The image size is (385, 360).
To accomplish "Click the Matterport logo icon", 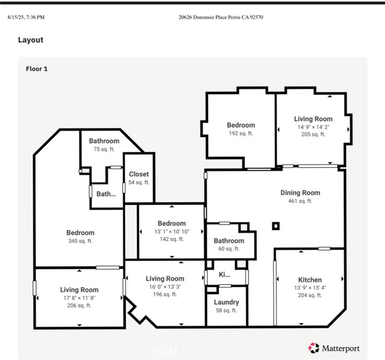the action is pos(313,348).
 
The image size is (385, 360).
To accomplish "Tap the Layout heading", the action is pos(31,40).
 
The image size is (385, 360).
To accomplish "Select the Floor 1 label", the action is pos(37,69).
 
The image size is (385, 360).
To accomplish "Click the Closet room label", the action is pos(139,174).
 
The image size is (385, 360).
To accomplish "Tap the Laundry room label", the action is pos(226,302).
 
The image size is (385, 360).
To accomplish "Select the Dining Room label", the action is pos(300,193).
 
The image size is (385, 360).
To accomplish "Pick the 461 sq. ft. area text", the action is pos(300,201).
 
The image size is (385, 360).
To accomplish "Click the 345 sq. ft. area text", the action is pos(81,241).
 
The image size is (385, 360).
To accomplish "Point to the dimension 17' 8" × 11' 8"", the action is pos(79,298).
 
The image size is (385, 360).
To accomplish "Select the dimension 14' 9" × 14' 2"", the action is pos(313,127).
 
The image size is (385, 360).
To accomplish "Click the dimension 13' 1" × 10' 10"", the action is pos(172,231).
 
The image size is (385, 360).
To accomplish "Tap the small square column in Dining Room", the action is pos(276,226).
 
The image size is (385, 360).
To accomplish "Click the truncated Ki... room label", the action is pos(224,275).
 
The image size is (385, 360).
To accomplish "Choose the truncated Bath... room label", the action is pos(106,194).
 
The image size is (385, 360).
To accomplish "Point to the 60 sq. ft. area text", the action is pos(229,249).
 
